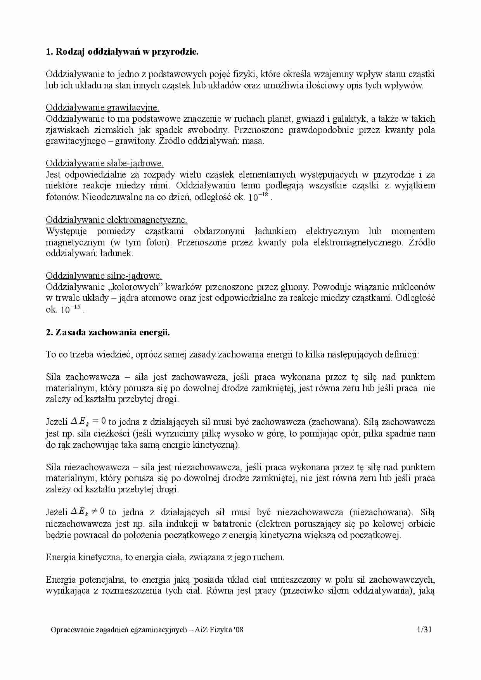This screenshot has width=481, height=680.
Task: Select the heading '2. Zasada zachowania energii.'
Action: tap(108, 332)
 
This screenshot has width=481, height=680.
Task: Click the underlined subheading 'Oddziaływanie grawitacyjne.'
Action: tap(102, 107)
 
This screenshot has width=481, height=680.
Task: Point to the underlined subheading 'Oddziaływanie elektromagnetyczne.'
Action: tap(116, 220)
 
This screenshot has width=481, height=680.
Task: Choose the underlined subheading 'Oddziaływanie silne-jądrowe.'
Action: tap(104, 276)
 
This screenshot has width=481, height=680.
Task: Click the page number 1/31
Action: tap(424, 630)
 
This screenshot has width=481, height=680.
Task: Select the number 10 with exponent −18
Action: tap(258, 197)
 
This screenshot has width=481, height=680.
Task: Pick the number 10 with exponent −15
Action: tap(71, 309)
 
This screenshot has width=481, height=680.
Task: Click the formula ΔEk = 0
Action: tap(88, 421)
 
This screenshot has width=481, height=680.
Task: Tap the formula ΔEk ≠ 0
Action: tap(88, 512)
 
